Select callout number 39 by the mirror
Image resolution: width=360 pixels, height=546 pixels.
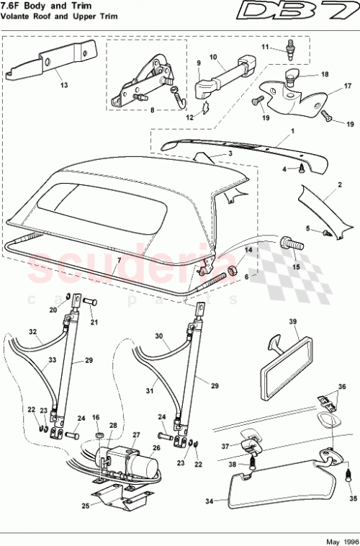pos(293,322)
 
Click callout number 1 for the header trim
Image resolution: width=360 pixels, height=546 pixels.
pos(292,132)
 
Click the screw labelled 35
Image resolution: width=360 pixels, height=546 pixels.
pos(347,475)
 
